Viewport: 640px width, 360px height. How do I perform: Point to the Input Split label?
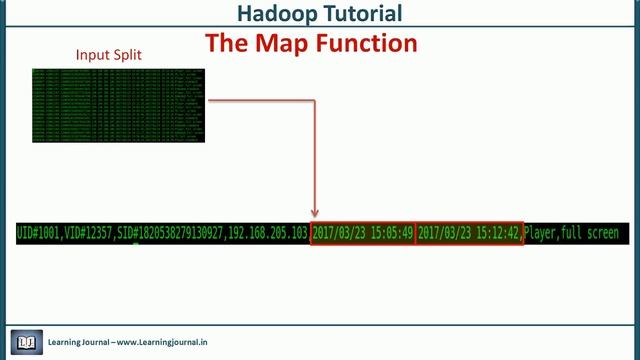pos(109,55)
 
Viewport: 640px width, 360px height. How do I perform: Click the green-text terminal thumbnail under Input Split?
pos(118,105)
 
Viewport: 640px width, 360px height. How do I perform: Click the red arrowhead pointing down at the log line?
pos(315,212)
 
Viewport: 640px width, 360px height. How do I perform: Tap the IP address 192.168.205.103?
pos(265,233)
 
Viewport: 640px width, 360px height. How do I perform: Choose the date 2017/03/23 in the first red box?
pos(340,233)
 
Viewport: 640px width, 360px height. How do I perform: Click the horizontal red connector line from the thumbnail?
pos(260,100)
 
